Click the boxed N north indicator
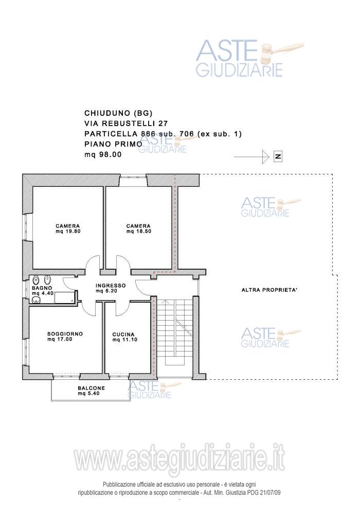click(x=278, y=156)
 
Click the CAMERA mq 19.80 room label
click(x=67, y=228)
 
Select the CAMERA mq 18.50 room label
click(x=138, y=228)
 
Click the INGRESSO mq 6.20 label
click(x=111, y=288)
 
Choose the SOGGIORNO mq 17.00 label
click(x=65, y=337)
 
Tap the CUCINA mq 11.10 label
click(x=125, y=337)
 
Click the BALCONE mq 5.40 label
click(x=92, y=391)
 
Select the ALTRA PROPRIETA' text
click(x=269, y=290)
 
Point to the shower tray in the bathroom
click(x=65, y=297)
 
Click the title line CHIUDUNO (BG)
click(x=118, y=113)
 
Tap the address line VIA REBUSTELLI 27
click(x=126, y=124)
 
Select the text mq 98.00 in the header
click(x=103, y=154)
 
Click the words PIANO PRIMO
click(x=113, y=144)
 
